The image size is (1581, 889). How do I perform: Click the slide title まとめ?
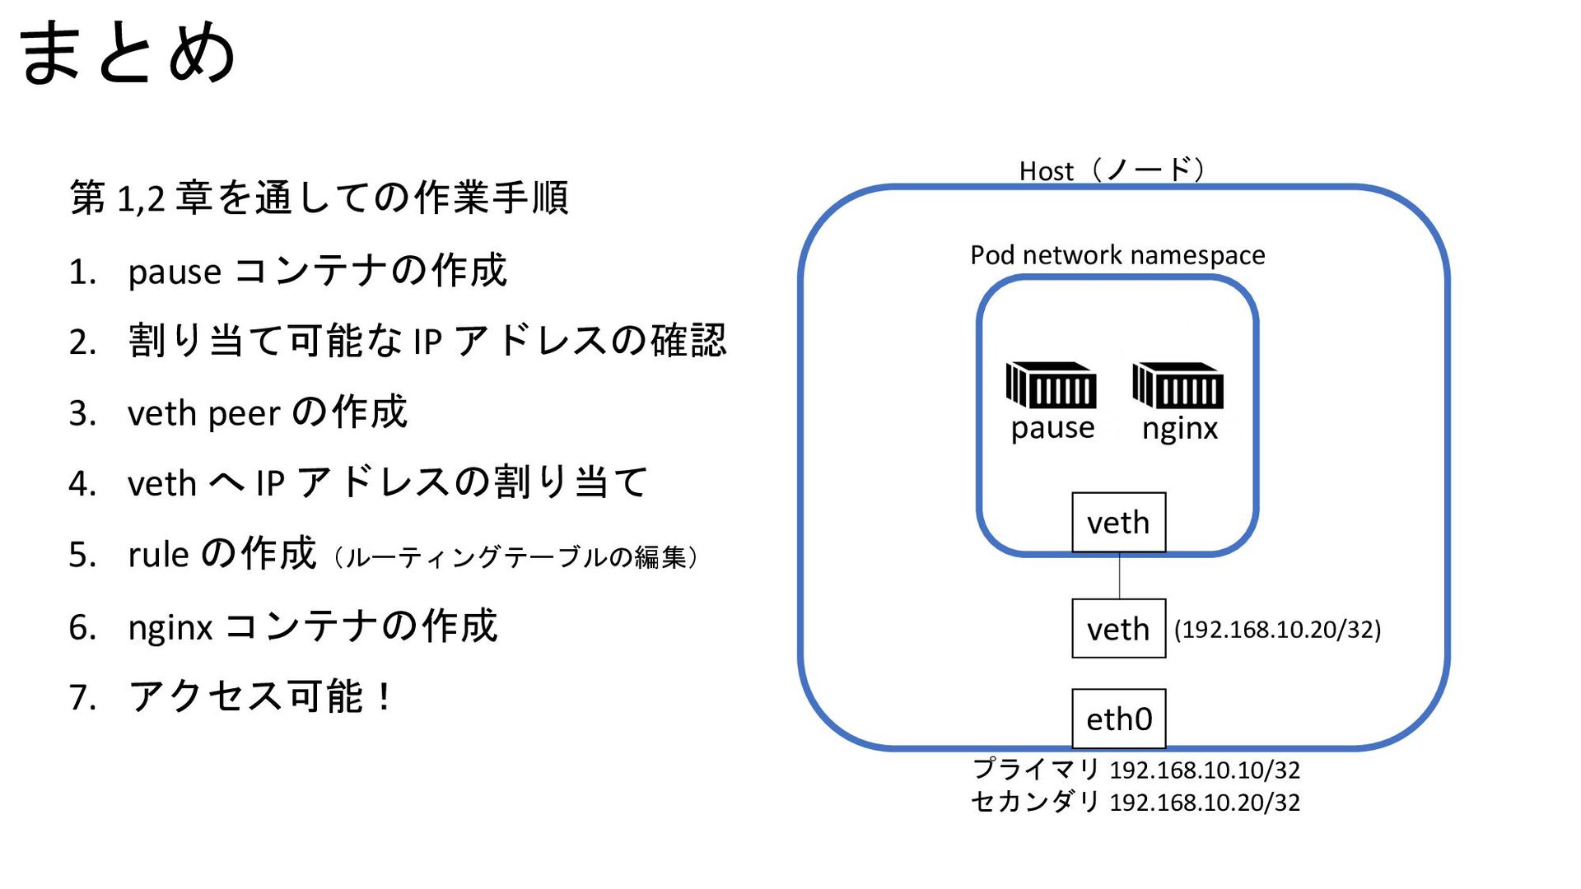128,53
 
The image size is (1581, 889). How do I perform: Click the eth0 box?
1118,719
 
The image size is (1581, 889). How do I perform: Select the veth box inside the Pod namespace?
1118,523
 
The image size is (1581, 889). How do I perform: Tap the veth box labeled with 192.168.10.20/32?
1118,629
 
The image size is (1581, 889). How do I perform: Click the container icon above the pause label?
1051,384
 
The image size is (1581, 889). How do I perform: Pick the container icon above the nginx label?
1178,384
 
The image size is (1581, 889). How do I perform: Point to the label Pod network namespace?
1117,255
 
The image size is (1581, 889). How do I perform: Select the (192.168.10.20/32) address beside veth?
1277,630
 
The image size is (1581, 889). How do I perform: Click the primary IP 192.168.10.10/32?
1205,770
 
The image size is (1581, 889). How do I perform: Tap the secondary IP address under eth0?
1205,803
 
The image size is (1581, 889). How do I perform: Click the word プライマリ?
1036,770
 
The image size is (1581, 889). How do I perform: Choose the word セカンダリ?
1035,802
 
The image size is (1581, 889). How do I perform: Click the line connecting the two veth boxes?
1119,575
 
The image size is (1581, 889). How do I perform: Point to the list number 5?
82,556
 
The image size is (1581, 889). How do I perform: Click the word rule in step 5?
158,555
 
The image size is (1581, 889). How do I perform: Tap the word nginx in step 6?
170,628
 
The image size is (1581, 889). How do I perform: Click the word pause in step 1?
175,272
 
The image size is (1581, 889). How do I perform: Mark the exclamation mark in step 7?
385,697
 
